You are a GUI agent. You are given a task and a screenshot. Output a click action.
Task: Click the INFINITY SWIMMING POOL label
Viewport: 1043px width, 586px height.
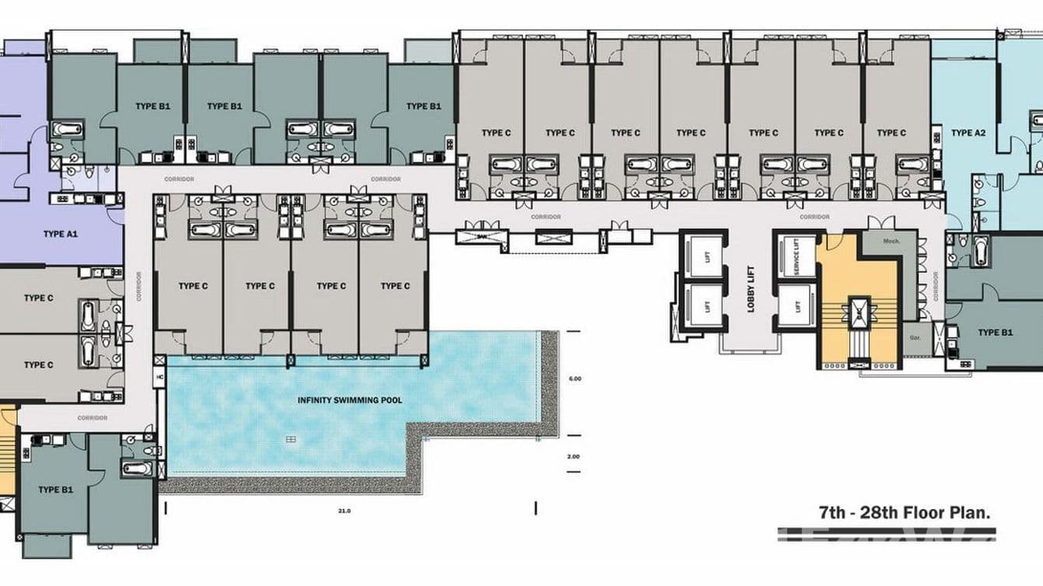tap(350, 400)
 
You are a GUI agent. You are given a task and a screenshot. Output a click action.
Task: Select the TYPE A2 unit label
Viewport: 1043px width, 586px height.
tap(968, 133)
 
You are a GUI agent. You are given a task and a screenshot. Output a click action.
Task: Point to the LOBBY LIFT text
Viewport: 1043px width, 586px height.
tap(752, 290)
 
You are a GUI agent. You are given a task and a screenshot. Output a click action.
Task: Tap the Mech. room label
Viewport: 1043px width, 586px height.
tap(891, 242)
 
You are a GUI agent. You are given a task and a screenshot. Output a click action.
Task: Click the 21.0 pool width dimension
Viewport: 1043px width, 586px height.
tap(344, 511)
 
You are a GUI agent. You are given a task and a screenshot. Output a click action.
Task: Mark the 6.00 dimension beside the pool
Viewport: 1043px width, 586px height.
tap(574, 378)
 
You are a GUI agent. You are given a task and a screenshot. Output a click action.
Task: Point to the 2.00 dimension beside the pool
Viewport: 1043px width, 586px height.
tap(574, 456)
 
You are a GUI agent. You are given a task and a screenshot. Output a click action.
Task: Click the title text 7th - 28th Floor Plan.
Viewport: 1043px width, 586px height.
tap(904, 513)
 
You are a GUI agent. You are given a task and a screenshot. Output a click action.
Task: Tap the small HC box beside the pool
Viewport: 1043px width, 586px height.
tap(159, 378)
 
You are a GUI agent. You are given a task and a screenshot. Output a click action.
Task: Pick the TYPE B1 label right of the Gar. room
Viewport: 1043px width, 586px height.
tap(995, 333)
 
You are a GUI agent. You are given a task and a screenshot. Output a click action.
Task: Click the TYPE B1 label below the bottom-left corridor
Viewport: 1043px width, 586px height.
tap(55, 490)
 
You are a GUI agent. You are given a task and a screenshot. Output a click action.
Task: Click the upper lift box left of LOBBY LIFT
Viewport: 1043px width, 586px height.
tap(706, 256)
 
